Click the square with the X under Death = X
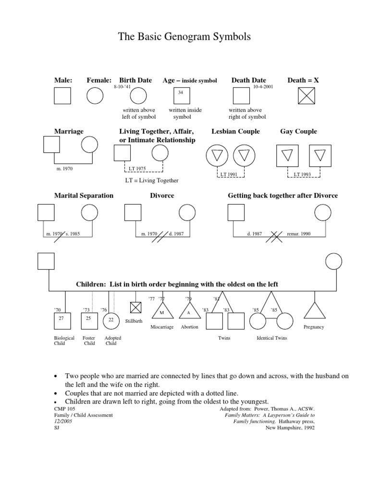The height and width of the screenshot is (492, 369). click(x=307, y=96)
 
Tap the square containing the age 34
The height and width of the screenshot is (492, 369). click(x=181, y=96)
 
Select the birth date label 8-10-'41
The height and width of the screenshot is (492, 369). click(x=122, y=86)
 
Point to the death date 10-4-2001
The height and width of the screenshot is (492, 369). click(x=263, y=86)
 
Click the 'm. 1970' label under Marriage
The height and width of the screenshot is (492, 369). click(x=64, y=169)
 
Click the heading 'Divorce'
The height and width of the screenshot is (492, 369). click(x=162, y=196)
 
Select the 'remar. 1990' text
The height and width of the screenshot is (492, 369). click(x=299, y=234)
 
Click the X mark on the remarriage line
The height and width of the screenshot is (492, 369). click(x=276, y=235)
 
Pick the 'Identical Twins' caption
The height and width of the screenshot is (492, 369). click(x=272, y=338)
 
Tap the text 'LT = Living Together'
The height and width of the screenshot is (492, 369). click(x=152, y=181)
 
